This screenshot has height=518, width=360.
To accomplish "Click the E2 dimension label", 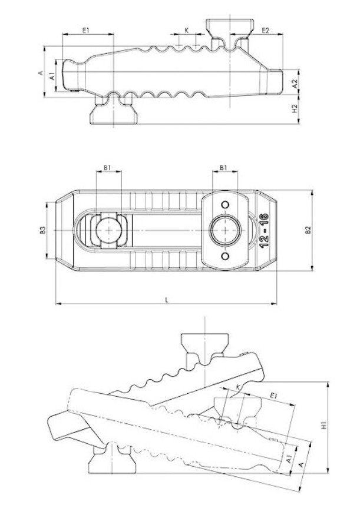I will click(265, 30).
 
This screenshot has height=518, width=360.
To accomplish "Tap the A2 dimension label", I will click(295, 84).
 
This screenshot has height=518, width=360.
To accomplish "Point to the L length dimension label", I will click(167, 300).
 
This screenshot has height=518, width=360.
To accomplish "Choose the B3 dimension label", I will click(42, 230).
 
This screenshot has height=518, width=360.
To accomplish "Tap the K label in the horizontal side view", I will click(186, 30).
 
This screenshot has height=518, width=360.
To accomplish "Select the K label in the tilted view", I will click(237, 387).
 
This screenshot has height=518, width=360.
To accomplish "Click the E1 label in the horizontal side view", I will click(86, 30).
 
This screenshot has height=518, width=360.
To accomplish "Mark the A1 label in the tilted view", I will click(289, 460).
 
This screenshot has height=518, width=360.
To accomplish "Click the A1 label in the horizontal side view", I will click(52, 76).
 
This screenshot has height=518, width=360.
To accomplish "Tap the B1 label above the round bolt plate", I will click(224, 168).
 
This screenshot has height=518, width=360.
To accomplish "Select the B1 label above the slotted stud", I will click(107, 168).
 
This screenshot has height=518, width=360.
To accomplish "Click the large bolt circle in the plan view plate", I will click(224, 229).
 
